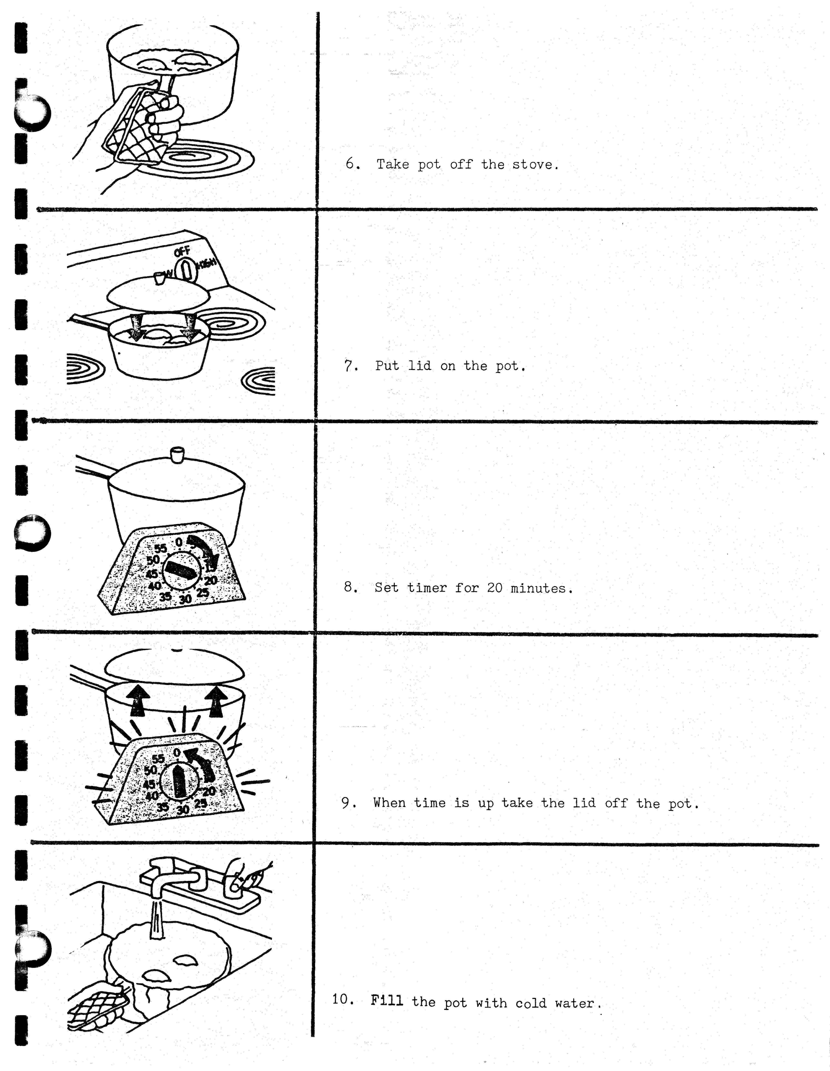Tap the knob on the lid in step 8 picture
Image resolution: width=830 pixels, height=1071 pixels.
(176, 454)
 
